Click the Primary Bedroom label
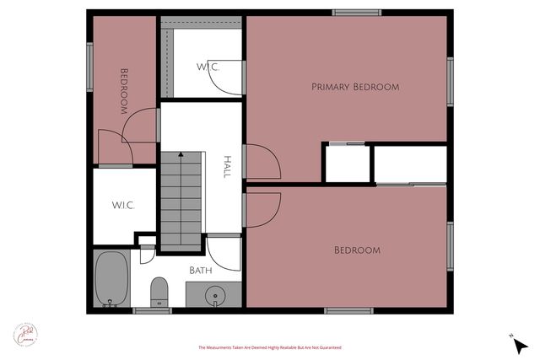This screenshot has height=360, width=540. tap(354, 87)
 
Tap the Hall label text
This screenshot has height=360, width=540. tap(226, 166)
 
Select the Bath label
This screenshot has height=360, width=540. tap(200, 271)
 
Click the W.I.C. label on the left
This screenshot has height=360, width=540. tap(124, 205)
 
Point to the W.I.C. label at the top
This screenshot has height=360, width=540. tap(208, 66)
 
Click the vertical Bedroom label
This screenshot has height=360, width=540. tap(123, 91)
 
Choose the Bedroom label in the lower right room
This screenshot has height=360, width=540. tap(357, 250)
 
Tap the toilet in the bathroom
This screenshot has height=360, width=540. tap(158, 293)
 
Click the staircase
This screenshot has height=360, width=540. tap(181, 198)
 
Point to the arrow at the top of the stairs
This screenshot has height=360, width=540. tap(180, 155)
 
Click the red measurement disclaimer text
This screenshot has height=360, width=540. tap(269, 347)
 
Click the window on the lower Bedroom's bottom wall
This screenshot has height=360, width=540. tap(348, 311)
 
